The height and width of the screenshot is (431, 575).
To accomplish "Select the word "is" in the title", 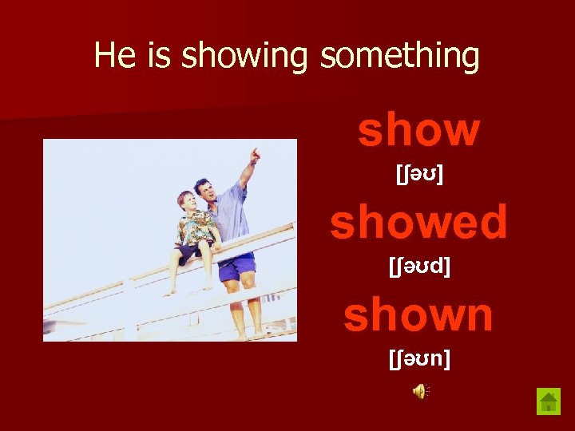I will [156, 56].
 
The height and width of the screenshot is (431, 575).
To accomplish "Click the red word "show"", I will [418, 130].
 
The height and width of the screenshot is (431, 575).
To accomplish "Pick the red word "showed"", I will [418, 222].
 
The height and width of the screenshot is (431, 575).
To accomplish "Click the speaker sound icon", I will [420, 390].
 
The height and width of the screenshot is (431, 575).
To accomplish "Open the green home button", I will [549, 401].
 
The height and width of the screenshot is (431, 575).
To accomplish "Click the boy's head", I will [186, 202].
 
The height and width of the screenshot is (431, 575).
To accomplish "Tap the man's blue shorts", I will [236, 267].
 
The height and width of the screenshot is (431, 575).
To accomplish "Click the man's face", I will [204, 192].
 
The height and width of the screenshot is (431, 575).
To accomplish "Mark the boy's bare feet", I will [188, 291].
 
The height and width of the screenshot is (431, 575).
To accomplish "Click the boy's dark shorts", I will [190, 254].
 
